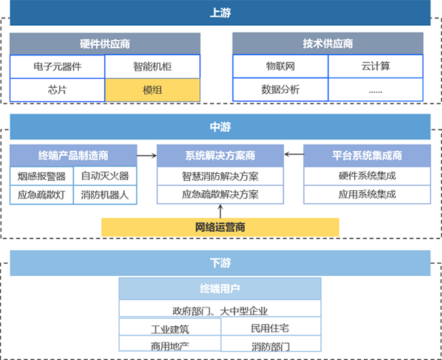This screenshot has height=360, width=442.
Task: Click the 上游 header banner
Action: tap(220, 13)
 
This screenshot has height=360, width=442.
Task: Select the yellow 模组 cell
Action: tap(152, 90)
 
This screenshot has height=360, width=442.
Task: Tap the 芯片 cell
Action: tap(57, 90)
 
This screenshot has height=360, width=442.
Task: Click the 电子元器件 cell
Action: tap(57, 67)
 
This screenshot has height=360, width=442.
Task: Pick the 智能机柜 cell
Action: tap(152, 67)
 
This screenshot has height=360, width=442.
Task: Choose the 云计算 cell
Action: tap(375, 66)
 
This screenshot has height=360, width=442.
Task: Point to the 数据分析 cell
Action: tap(280, 90)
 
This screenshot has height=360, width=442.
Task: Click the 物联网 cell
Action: tap(280, 66)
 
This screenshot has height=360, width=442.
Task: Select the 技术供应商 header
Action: tap(328, 43)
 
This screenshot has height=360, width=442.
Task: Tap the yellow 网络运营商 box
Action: tap(220, 227)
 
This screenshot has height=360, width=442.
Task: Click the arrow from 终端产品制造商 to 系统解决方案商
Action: tap(147, 156)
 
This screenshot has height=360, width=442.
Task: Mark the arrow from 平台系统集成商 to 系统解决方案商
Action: tap(294, 154)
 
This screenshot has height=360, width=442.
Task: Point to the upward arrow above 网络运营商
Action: tap(220, 211)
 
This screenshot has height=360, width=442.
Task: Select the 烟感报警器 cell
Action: tap(41, 176)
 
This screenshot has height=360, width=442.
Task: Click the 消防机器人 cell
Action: tap(105, 195)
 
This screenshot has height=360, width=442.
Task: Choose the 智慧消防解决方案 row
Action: tap(220, 176)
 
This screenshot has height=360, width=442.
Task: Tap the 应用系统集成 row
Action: tap(367, 194)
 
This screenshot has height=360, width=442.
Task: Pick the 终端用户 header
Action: tap(220, 289)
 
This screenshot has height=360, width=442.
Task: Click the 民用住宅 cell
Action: tap(271, 327)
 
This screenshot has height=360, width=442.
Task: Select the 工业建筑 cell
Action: tap(170, 327)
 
